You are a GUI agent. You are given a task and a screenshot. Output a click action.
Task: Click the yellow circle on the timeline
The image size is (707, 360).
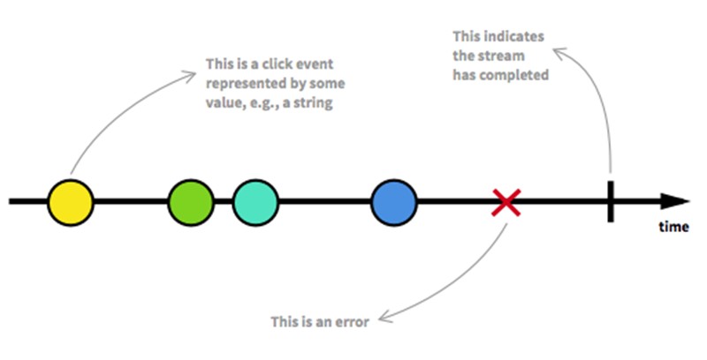click(71, 203)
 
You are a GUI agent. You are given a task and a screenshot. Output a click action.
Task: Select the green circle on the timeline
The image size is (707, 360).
click(191, 203)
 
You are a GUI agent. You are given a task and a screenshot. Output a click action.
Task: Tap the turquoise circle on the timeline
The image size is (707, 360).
click(255, 203)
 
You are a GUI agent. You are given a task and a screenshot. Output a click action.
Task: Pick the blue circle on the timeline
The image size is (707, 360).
click(394, 203)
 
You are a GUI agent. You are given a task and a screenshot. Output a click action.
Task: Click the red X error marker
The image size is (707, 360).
click(506, 203)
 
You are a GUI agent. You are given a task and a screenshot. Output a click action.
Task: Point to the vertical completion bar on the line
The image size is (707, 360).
click(611, 201)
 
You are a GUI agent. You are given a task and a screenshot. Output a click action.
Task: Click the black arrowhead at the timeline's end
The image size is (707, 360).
click(675, 201)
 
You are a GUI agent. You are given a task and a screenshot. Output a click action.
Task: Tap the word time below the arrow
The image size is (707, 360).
click(673, 227)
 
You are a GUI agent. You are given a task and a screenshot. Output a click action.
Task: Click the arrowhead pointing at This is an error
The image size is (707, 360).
click(384, 316)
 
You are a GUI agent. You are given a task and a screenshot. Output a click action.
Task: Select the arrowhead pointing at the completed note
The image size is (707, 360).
click(560, 54)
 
